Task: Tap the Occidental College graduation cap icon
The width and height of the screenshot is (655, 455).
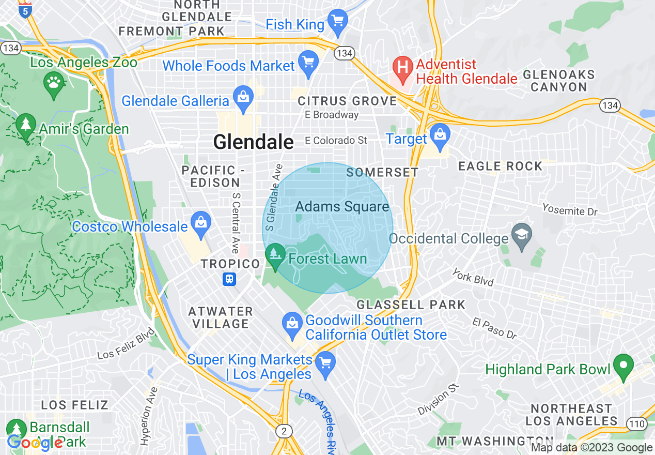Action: pos(522,236)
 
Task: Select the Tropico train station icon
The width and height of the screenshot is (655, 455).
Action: pos(229,279)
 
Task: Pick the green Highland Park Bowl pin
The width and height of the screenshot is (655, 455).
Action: pos(623,366)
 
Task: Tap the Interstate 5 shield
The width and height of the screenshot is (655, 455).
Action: pos(24,10)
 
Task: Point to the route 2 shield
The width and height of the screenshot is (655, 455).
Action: pos(284,431)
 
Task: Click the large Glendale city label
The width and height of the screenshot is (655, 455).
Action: pos(253,142)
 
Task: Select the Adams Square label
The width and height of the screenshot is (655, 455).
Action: pos(342,207)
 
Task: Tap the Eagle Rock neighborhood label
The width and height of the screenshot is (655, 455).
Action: pos(500,166)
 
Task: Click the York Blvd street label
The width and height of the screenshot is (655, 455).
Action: pos(473,277)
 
